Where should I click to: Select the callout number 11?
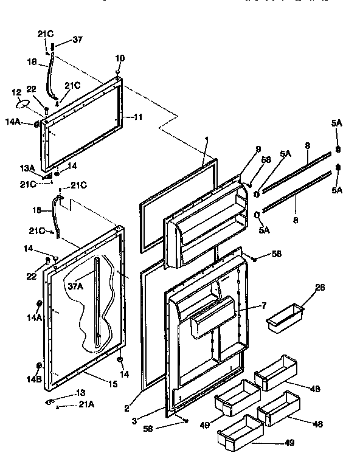[139, 116]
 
